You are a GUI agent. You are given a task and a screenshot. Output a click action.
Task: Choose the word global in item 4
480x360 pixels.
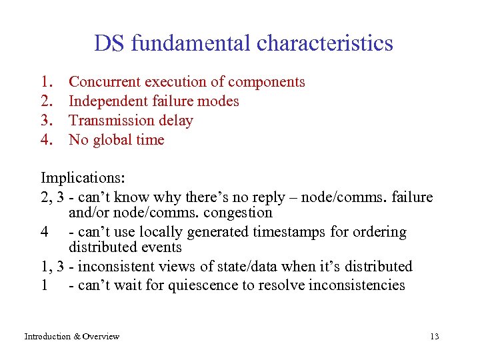click(115, 140)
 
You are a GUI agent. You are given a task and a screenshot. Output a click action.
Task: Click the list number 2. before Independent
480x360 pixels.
click(47, 101)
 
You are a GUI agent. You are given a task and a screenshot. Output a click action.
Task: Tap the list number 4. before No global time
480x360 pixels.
click(47, 140)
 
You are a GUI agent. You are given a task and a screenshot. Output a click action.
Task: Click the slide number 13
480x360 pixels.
click(435, 337)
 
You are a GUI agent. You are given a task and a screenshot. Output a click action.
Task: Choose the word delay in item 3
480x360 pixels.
click(175, 121)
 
